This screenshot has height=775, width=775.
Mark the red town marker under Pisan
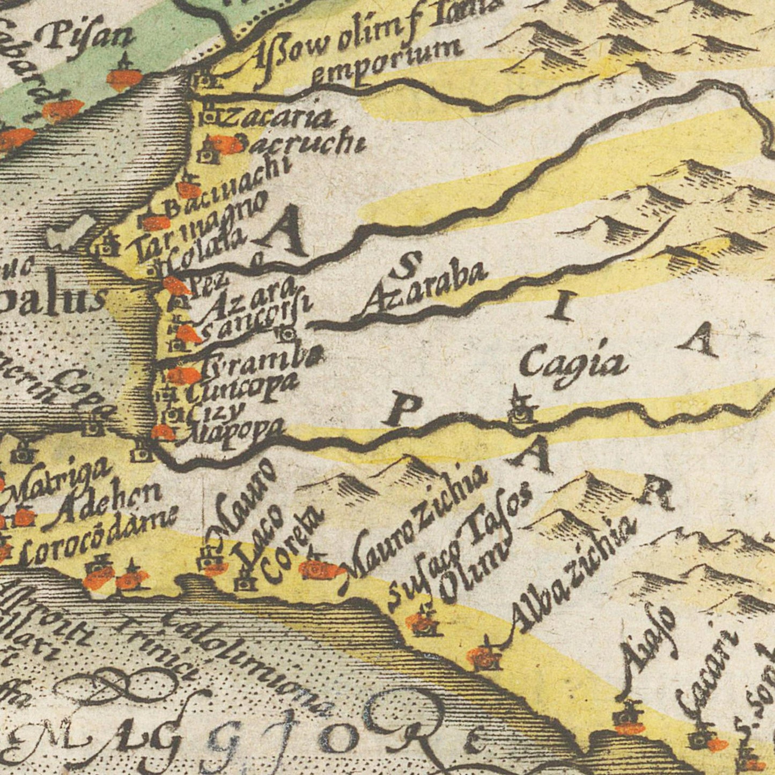[x=124, y=78]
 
